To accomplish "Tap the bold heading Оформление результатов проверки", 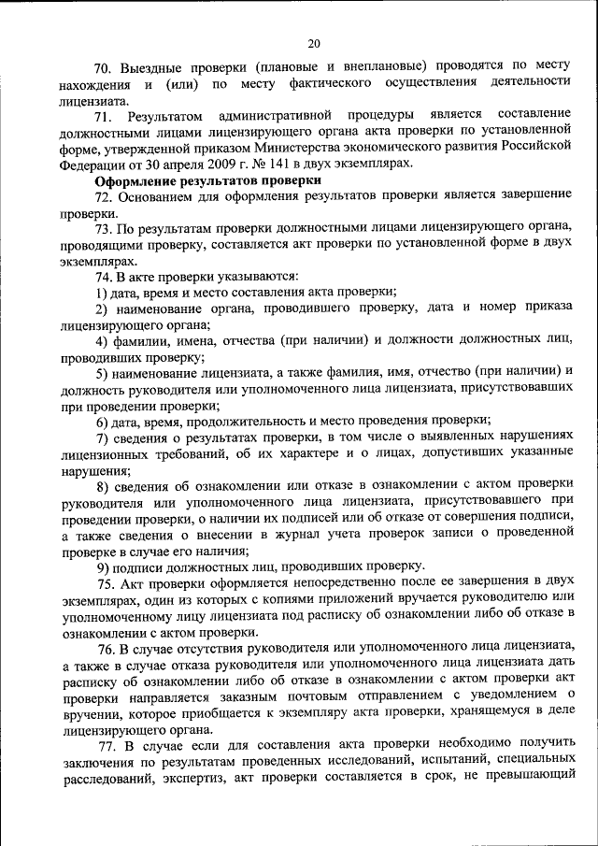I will pos(208,179).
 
